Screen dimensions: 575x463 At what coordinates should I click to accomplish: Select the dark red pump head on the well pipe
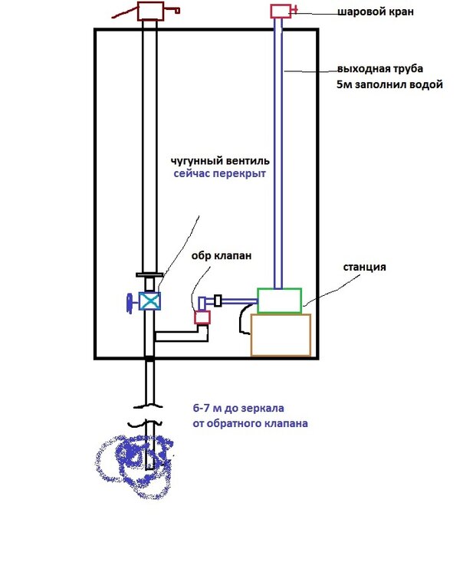(150, 11)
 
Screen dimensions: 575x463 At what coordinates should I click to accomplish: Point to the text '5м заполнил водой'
(389, 84)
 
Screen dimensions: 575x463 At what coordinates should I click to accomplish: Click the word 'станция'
(364, 268)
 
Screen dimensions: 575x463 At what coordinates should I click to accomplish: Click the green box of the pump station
(279, 300)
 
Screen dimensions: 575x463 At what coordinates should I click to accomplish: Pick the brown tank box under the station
(281, 334)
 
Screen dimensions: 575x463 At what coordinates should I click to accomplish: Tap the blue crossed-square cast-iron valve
(150, 301)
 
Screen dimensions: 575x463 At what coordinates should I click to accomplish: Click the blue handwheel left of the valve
(131, 302)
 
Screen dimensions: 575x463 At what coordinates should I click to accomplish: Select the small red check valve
(202, 317)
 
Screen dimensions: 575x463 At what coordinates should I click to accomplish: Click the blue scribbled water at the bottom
(134, 464)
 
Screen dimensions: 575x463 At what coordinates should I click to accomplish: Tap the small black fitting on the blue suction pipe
(218, 300)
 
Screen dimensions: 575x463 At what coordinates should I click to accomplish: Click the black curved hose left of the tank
(243, 318)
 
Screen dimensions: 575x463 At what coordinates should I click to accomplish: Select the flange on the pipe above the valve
(149, 274)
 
